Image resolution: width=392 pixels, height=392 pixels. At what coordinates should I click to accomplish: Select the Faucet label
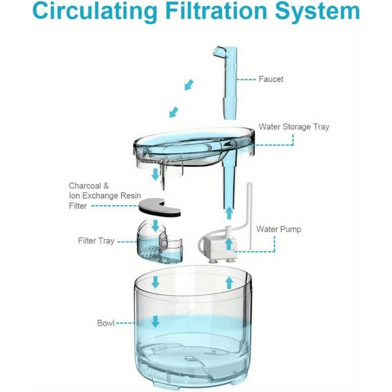pos(271,79)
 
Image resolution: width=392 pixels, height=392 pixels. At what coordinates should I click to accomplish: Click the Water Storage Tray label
pos(294,127)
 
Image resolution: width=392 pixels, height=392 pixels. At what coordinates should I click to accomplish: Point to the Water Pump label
pos(278,229)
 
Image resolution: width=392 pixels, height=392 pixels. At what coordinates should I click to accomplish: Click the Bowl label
pos(106,323)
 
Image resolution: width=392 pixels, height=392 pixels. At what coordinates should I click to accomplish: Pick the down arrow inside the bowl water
pos(156,321)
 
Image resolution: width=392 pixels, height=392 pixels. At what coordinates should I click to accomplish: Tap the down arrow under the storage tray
pos(156,174)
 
